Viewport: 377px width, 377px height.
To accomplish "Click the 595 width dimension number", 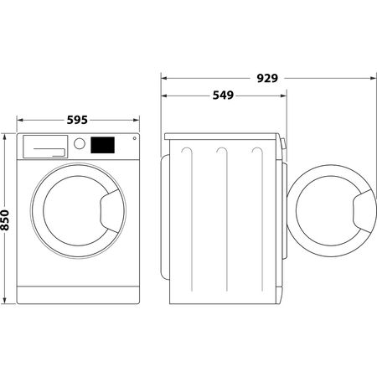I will (77, 120).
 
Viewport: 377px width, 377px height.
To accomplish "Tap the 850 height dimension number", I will (5, 220).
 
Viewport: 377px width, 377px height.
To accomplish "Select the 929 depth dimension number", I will (267, 79).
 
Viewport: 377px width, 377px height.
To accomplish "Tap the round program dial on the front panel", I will (80, 143).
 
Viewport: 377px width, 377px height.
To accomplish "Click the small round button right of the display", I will (134, 139).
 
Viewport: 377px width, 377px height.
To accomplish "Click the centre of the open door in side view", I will (328, 209).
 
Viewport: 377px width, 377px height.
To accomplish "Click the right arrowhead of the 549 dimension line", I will (284, 96).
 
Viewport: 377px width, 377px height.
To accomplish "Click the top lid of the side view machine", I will (222, 134).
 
